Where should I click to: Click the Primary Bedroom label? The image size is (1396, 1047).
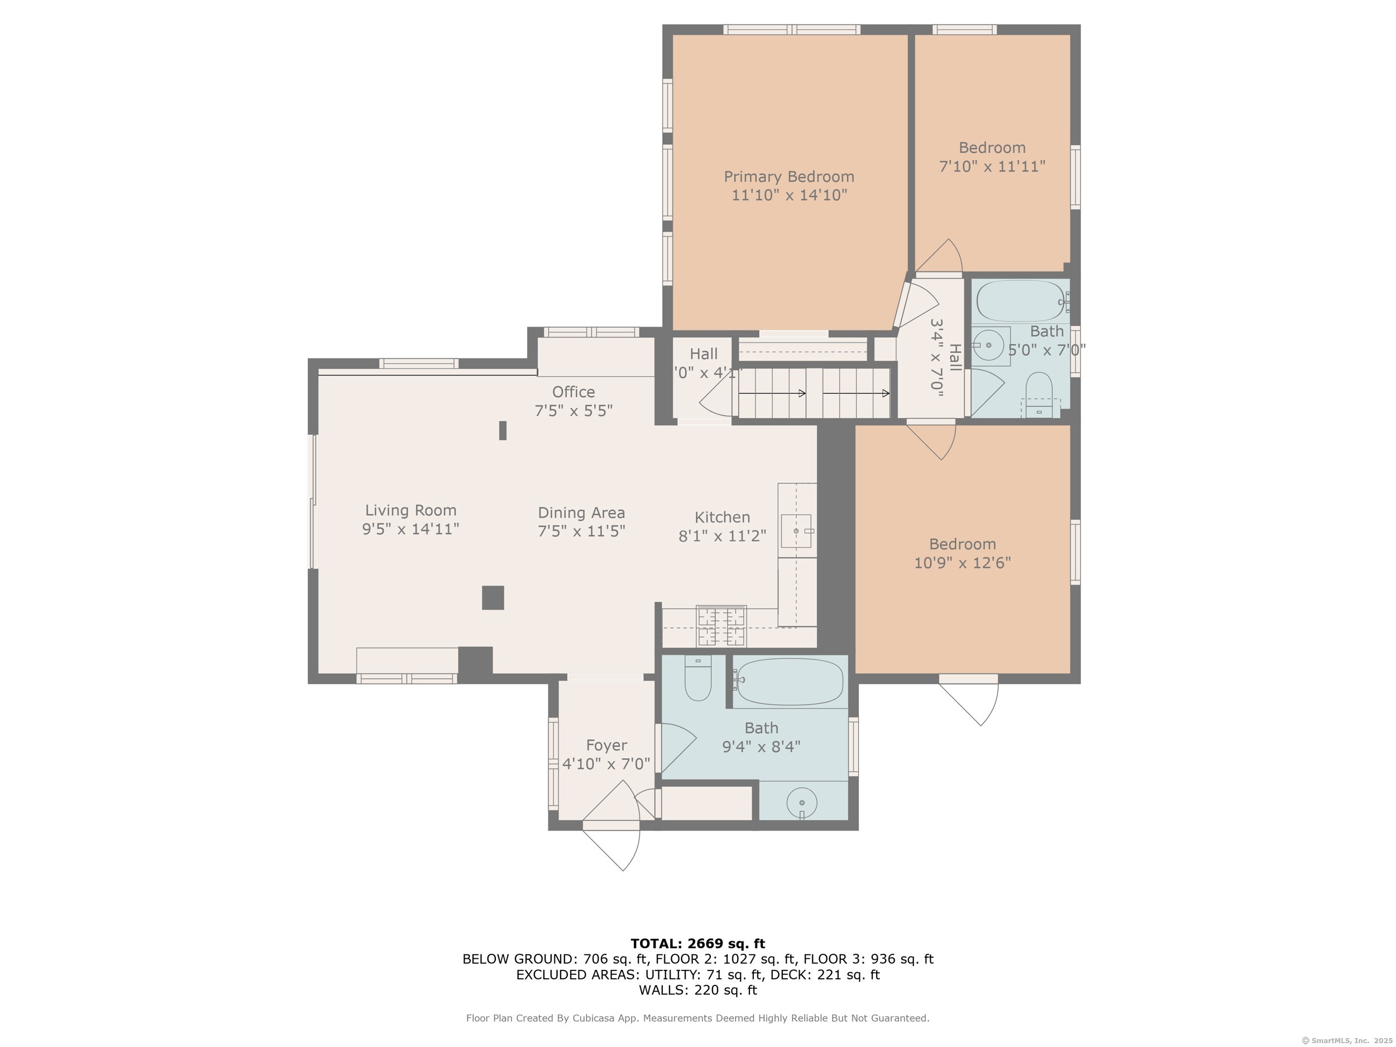[789, 176]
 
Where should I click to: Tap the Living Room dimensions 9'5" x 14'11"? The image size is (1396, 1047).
[410, 529]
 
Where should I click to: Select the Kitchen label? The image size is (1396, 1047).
[722, 517]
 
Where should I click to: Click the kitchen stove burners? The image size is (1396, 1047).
[721, 626]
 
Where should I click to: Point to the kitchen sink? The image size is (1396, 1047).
[796, 530]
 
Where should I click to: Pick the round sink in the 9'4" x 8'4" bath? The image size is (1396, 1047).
[801, 803]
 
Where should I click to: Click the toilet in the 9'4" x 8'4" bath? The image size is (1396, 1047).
[698, 678]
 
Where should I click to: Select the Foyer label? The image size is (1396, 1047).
[606, 745]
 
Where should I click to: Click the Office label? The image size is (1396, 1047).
[573, 392]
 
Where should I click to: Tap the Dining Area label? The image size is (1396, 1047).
[581, 513]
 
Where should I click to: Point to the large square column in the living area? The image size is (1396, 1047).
[493, 597]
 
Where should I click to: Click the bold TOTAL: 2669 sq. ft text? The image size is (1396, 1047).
[697, 943]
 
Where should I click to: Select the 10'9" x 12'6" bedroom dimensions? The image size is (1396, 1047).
[963, 562]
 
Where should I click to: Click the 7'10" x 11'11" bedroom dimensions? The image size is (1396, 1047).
[992, 166]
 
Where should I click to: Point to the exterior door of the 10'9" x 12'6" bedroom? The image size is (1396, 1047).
[969, 701]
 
